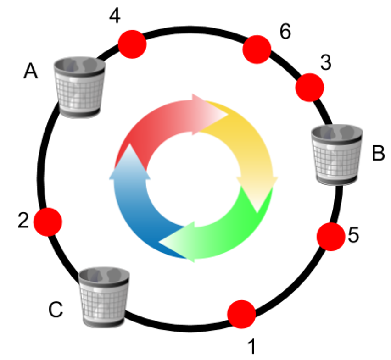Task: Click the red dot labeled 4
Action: coord(132,44)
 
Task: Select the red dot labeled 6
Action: coord(257,50)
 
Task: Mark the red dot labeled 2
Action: coord(48,222)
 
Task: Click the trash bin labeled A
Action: coord(80,87)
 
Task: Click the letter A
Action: coord(31,71)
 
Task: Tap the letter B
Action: coord(378,154)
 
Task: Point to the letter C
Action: coord(56,310)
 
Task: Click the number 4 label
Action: coord(115,16)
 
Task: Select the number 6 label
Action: coord(285,33)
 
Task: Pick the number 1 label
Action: coord(251,347)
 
